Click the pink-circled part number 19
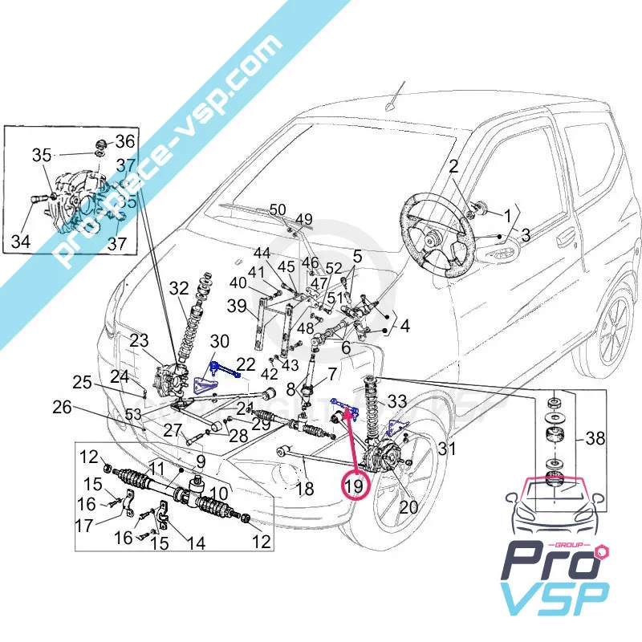(x=353, y=486)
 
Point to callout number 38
(x=618, y=439)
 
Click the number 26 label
(x=63, y=407)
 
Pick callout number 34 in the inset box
(x=21, y=241)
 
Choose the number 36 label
(x=125, y=142)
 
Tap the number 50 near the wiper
(x=278, y=210)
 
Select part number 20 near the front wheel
(x=408, y=507)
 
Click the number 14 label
(x=195, y=543)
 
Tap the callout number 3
(x=526, y=235)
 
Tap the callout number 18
(x=303, y=489)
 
